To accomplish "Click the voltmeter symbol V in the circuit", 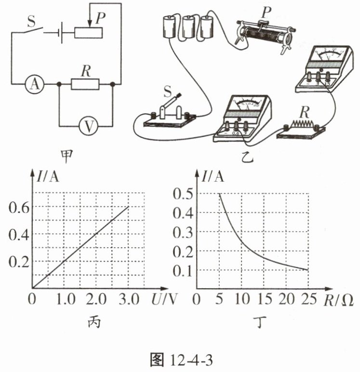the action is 88,126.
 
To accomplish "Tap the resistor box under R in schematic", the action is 85,84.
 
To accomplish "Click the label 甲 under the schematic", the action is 64,155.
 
